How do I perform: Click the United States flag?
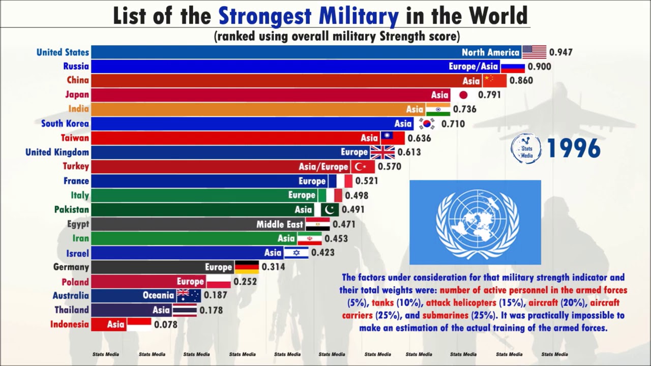click(534, 52)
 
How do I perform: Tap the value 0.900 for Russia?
click(539, 66)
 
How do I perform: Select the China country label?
click(78, 80)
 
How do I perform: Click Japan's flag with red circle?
click(463, 95)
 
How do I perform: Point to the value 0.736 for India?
click(464, 109)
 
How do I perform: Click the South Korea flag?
click(427, 124)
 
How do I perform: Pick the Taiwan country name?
click(75, 138)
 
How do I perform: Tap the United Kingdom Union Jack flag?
click(382, 152)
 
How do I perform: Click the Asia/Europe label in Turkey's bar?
click(323, 166)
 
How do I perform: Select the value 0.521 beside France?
click(367, 181)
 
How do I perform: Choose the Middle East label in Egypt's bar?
click(280, 224)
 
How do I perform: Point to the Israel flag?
click(296, 253)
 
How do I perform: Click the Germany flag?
click(246, 267)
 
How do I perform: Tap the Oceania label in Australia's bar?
click(158, 295)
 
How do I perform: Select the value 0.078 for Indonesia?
click(166, 324)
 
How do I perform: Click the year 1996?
click(574, 148)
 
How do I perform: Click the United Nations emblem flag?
click(475, 222)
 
